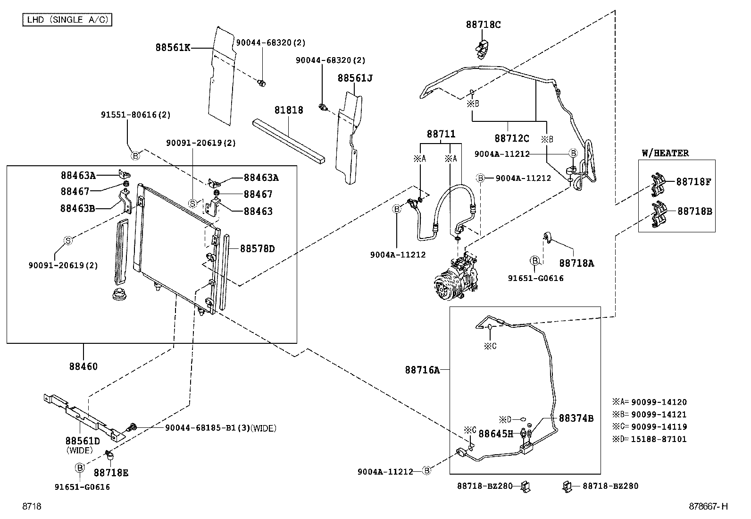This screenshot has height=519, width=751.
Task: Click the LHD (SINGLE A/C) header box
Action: (67, 19)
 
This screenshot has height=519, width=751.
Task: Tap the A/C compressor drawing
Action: (456, 276)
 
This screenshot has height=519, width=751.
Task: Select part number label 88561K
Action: (173, 48)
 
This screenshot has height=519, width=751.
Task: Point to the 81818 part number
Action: (289, 110)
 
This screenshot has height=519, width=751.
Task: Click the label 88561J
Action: (355, 78)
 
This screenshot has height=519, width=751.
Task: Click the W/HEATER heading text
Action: (665, 153)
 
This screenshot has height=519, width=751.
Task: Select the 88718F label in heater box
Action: (693, 182)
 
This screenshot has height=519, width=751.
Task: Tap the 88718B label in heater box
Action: (695, 211)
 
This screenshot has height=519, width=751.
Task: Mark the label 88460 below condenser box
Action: (83, 366)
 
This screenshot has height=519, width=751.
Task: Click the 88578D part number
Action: (258, 249)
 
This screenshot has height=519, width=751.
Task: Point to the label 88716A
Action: (423, 370)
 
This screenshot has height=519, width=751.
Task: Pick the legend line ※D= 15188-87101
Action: (650, 439)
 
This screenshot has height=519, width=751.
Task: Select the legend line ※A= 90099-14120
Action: (650, 402)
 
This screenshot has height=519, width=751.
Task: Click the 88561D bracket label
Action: (83, 441)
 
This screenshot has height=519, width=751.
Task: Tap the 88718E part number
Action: (111, 473)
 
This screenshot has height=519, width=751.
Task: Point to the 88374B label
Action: (576, 418)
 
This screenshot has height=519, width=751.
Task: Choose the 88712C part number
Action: (512, 138)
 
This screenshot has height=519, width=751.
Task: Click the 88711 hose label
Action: (441, 134)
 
